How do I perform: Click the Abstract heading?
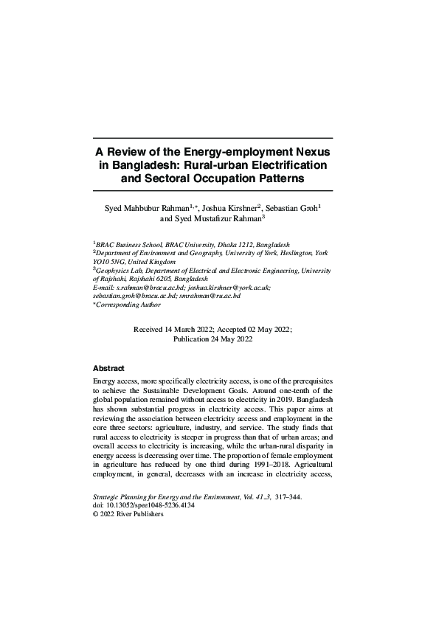point(108,367)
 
